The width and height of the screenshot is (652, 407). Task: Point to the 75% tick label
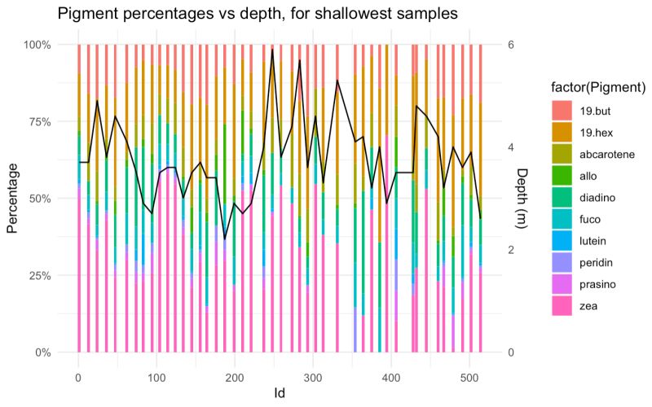pyautogui.click(x=37, y=121)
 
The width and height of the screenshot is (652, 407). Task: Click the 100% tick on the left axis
pyautogui.click(x=35, y=45)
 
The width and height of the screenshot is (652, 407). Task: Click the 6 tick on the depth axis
pyautogui.click(x=510, y=45)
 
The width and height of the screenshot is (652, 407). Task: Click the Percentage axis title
pyautogui.click(x=13, y=198)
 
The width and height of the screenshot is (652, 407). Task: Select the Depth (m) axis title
pyautogui.click(x=522, y=198)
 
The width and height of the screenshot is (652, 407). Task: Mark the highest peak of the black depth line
pyautogui.click(x=272, y=50)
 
